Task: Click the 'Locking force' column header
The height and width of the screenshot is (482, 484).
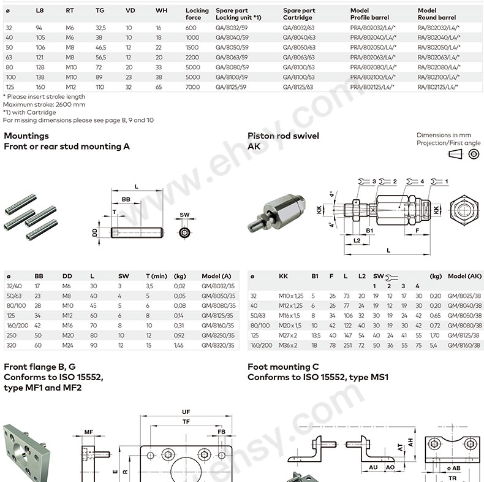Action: click(197, 13)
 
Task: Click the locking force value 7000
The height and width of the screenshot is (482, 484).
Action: click(192, 88)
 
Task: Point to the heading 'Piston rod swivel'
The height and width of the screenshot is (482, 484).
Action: click(283, 136)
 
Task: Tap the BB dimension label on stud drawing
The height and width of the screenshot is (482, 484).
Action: click(126, 200)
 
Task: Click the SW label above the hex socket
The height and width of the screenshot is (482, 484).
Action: click(184, 215)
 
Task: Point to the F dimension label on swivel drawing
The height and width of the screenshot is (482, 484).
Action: click(417, 231)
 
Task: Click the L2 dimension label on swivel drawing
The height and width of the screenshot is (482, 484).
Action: click(357, 240)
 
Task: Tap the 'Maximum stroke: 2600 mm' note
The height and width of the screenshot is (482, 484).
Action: click(44, 104)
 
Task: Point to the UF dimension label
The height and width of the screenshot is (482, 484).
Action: click(186, 411)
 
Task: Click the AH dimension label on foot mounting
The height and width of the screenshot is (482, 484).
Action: click(410, 442)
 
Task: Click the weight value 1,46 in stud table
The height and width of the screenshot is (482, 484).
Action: click(179, 345)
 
